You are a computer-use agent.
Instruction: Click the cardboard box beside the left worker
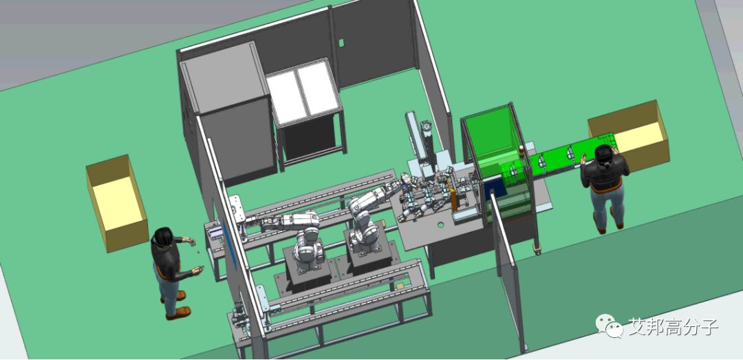pyautogui.click(x=116, y=202)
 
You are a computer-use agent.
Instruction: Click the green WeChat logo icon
pyautogui.click(x=610, y=326)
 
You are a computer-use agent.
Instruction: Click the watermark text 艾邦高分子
pyautogui.click(x=674, y=327)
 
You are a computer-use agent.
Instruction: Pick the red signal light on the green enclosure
pyautogui.click(x=521, y=151)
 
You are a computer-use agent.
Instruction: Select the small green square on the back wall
pyautogui.click(x=341, y=43)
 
